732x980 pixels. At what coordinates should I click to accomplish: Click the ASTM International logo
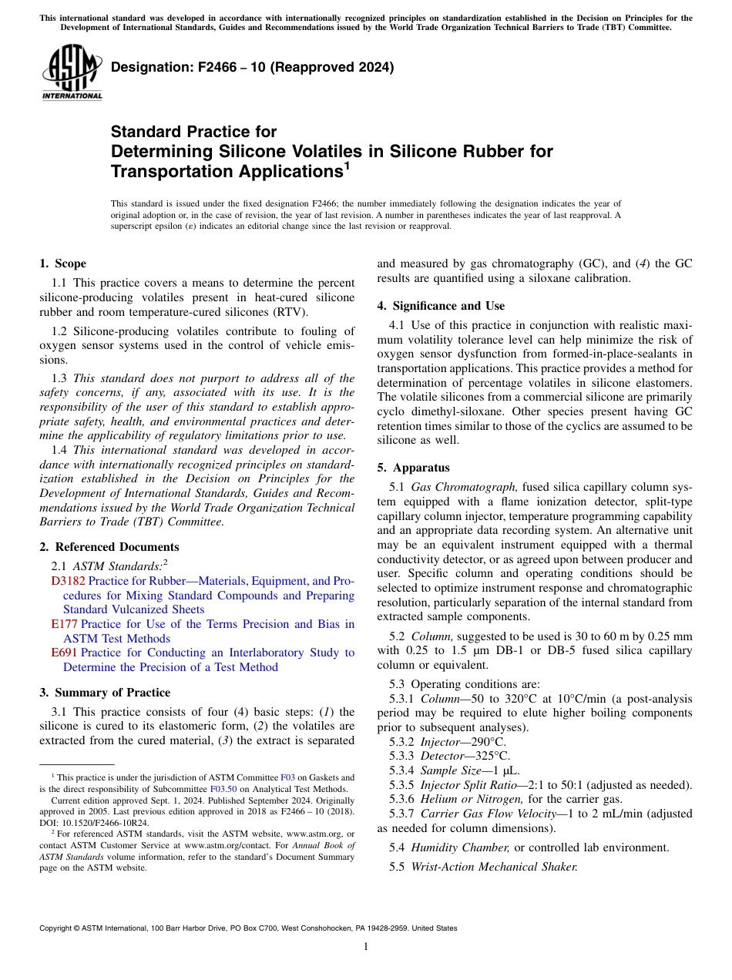[x=72, y=72]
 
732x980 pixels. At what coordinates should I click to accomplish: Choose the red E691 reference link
[x=64, y=653]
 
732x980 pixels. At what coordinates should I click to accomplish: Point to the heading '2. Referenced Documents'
[x=109, y=547]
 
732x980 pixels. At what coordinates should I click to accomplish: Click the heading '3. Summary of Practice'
[x=105, y=693]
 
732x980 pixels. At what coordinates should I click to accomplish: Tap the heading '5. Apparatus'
[x=413, y=468]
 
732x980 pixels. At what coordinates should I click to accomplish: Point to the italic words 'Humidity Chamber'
[x=460, y=847]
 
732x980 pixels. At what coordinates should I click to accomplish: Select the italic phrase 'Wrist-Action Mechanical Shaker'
[x=494, y=867]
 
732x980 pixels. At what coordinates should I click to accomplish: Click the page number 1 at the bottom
[x=365, y=947]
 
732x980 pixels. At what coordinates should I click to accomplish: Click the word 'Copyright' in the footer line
[x=59, y=928]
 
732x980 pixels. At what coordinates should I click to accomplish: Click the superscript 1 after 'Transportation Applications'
[x=348, y=165]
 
